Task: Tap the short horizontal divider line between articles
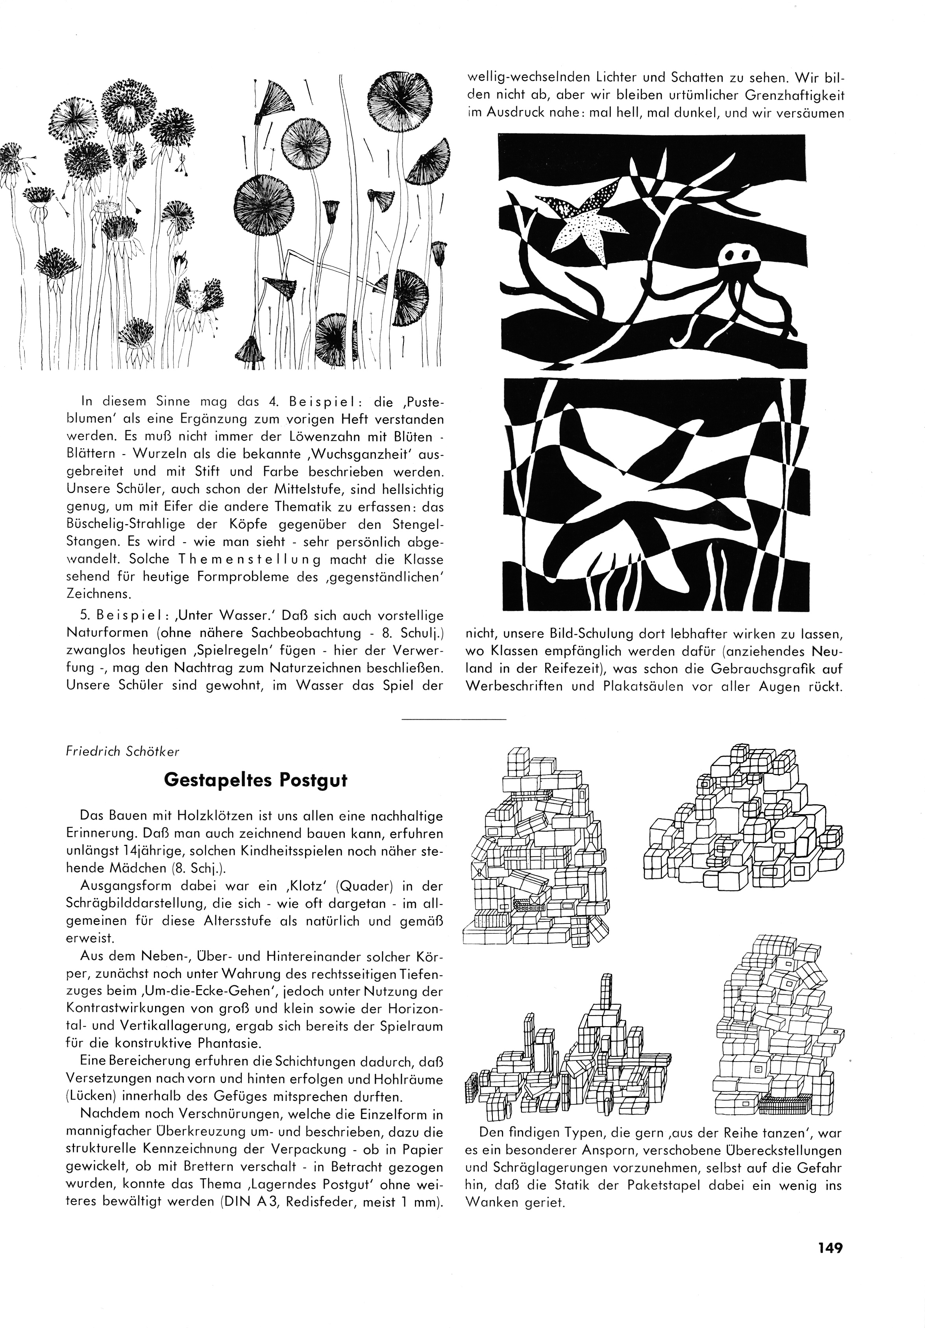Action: point(453,719)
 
